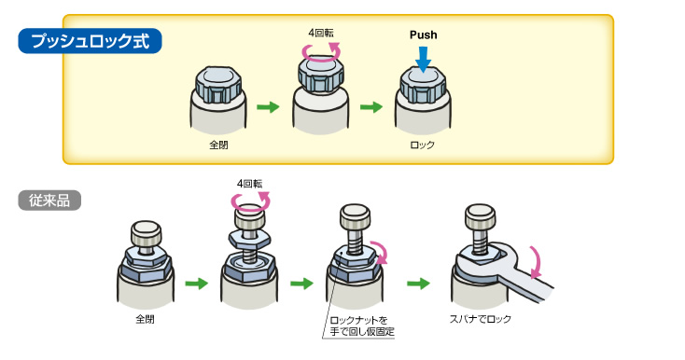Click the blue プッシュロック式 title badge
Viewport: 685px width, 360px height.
click(90, 41)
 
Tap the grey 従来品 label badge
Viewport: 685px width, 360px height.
click(49, 201)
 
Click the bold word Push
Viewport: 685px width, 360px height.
click(424, 35)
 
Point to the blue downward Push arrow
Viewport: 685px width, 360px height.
click(423, 60)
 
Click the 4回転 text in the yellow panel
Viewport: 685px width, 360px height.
click(321, 34)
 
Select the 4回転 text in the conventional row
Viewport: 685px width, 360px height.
click(249, 184)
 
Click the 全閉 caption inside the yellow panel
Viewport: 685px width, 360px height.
click(218, 145)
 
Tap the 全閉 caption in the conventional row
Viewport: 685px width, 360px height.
click(145, 319)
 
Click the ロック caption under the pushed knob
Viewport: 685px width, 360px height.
click(423, 145)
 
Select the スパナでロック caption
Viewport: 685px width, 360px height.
click(480, 319)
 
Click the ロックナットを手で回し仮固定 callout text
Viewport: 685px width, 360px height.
click(362, 326)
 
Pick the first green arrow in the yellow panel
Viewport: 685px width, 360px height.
click(268, 107)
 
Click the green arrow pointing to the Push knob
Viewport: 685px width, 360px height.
click(371, 107)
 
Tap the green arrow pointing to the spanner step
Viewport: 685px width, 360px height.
click(418, 284)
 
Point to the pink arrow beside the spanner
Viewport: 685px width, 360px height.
click(536, 263)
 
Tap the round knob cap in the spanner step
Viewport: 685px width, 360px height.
click(480, 215)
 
